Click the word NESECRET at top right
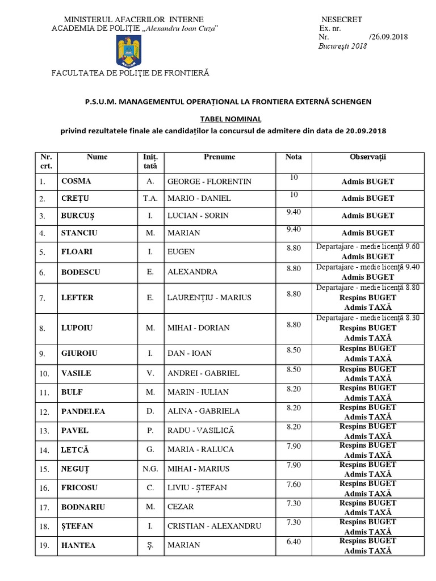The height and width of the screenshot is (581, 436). pyautogui.click(x=341, y=19)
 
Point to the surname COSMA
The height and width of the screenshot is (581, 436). pyautogui.click(x=76, y=182)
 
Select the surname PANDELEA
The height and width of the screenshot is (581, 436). pyautogui.click(x=84, y=411)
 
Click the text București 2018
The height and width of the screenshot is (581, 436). pyautogui.click(x=343, y=46)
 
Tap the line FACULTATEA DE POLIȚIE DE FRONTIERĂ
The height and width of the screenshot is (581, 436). pyautogui.click(x=131, y=73)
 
